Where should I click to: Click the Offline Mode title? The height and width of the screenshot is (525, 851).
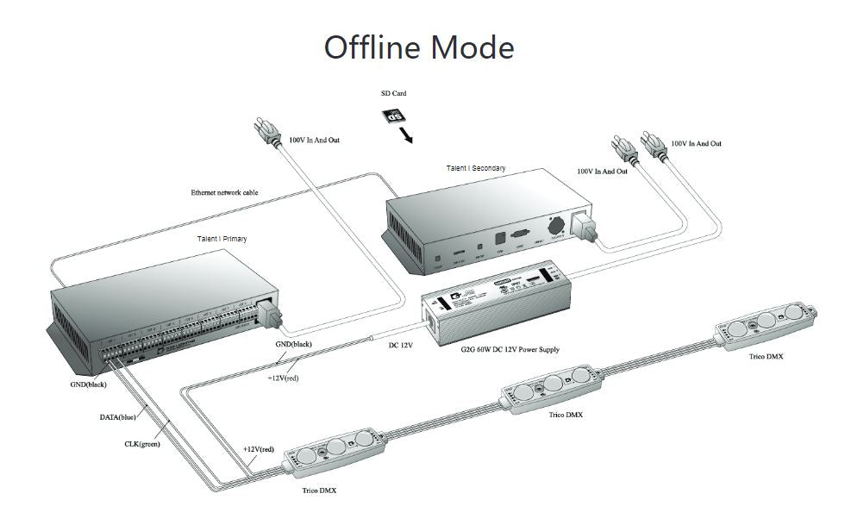click(x=419, y=47)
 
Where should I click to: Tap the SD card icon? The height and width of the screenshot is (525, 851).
click(x=393, y=116)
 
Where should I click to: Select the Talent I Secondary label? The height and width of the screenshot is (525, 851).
click(x=475, y=167)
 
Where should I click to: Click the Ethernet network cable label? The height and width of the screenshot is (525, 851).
click(x=224, y=192)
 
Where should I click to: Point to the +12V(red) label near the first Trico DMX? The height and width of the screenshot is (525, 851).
click(x=258, y=449)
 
